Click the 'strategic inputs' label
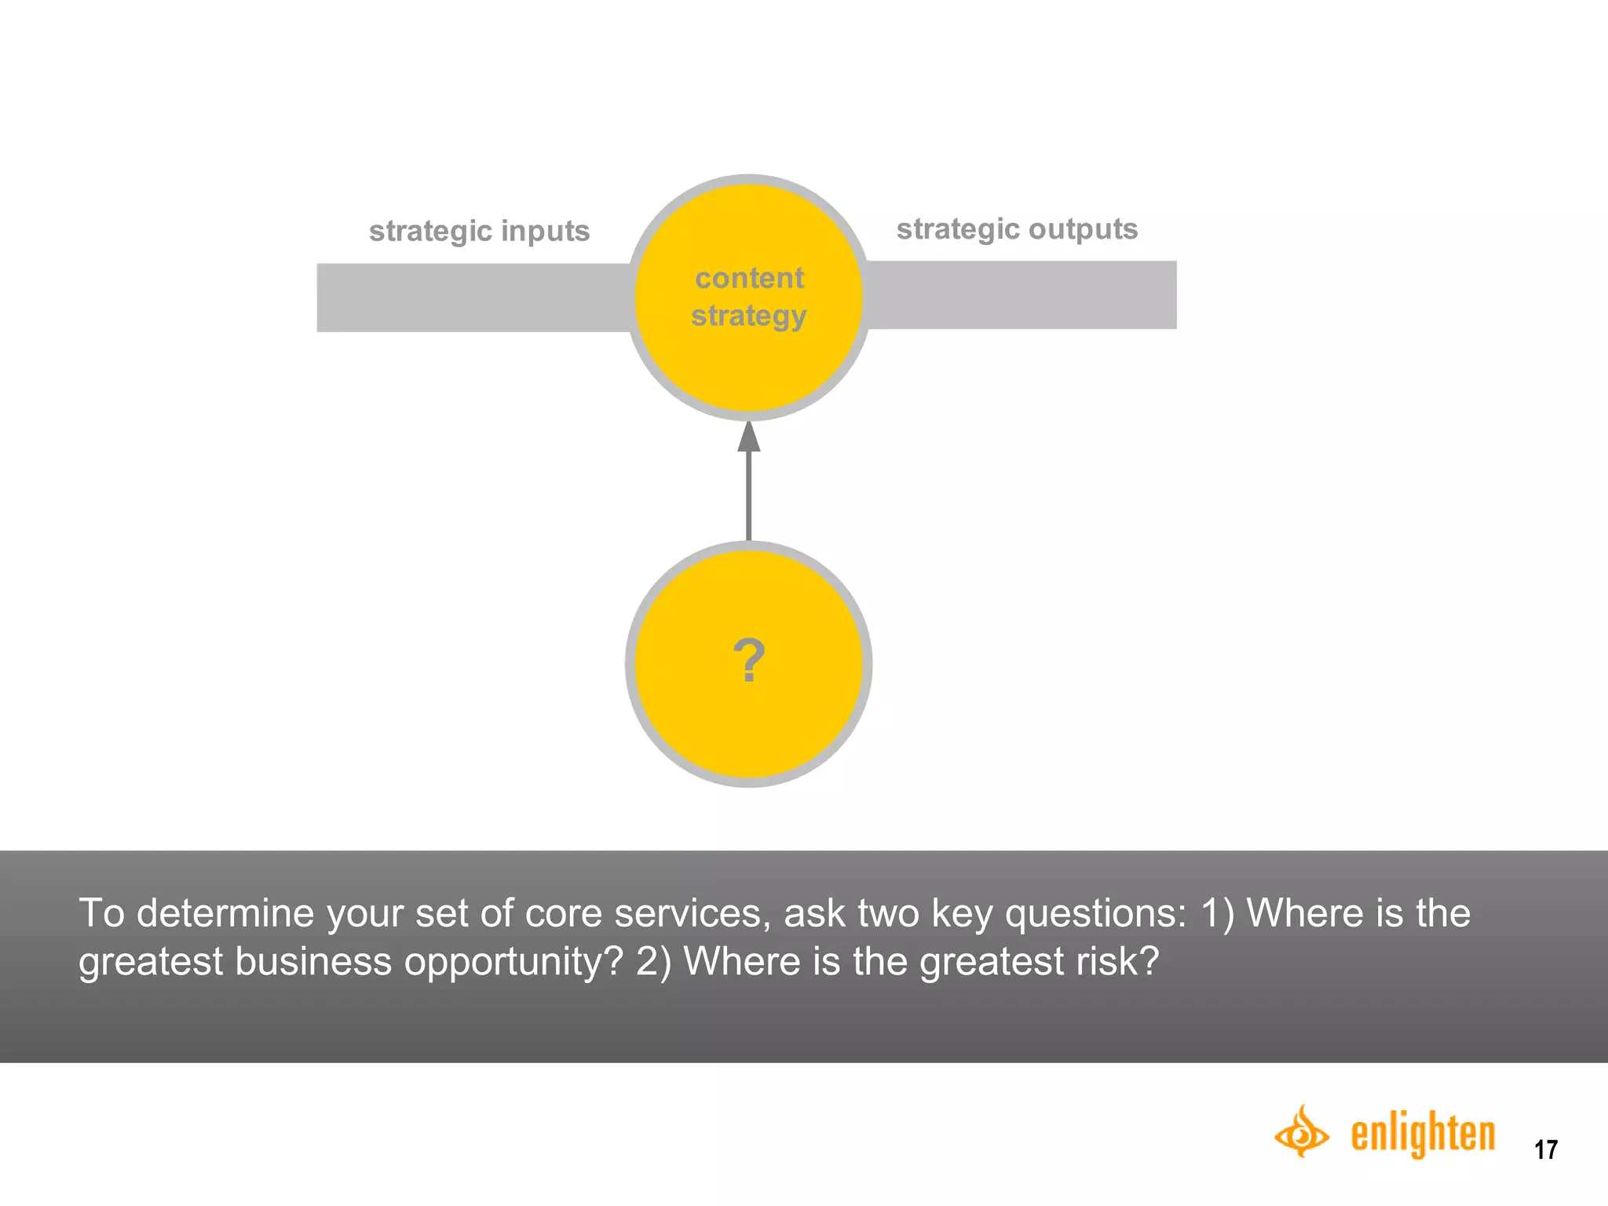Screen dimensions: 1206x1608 point(479,231)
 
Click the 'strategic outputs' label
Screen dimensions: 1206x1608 point(1017,229)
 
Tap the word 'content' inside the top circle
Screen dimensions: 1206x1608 point(749,278)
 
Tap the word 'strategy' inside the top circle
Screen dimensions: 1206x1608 point(748,316)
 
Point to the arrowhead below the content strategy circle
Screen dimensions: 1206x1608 point(748,437)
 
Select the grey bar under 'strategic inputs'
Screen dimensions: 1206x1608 point(471,298)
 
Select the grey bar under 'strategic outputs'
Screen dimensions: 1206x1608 point(1021,295)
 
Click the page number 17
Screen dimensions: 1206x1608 point(1545,1149)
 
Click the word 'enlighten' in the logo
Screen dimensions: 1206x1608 point(1423,1134)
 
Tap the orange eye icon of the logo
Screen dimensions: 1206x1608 point(1301,1132)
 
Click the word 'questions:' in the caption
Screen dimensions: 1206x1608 point(1096,913)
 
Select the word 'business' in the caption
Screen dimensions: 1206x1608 point(312,961)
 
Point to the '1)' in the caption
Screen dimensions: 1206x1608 point(1218,913)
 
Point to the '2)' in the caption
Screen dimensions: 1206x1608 point(653,961)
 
